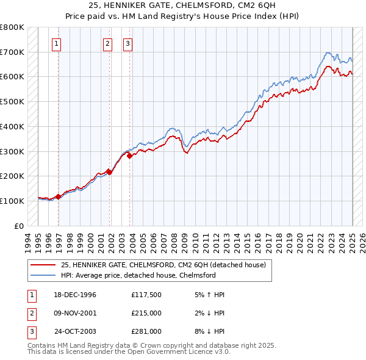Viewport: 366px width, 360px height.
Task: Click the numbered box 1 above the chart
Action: [x=56, y=43]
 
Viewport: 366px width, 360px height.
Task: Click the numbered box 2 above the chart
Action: [x=107, y=43]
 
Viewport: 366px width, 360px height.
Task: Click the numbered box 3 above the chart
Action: [x=127, y=43]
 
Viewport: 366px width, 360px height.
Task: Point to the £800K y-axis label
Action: [x=12, y=27]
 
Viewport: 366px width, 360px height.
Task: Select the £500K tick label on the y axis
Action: [x=12, y=101]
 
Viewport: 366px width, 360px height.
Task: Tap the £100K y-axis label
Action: [x=12, y=201]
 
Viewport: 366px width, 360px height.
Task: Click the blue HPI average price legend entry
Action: [x=138, y=276]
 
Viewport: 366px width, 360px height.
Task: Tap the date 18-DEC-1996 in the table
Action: [x=75, y=295]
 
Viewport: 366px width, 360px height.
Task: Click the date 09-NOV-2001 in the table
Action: [x=75, y=313]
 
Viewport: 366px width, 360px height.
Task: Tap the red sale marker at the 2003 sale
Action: [x=129, y=156]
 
